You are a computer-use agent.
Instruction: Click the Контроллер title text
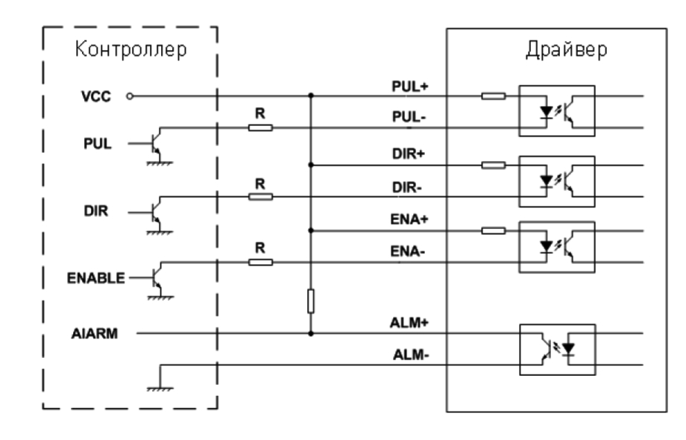pyautogui.click(x=130, y=50)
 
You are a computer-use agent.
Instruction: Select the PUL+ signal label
pyautogui.click(x=409, y=87)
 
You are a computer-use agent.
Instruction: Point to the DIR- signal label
pyautogui.click(x=409, y=188)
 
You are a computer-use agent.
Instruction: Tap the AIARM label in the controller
pyautogui.click(x=93, y=333)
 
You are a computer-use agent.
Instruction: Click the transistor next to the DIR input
pyautogui.click(x=154, y=211)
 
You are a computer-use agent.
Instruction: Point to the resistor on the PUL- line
pyautogui.click(x=261, y=128)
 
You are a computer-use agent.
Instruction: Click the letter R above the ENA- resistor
pyautogui.click(x=261, y=249)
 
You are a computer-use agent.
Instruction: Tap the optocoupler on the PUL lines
pyautogui.click(x=556, y=111)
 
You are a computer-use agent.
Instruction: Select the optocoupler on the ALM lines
pyautogui.click(x=556, y=348)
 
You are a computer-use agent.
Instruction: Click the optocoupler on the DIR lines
pyautogui.click(x=556, y=180)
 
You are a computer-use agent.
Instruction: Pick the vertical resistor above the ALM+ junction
pyautogui.click(x=310, y=301)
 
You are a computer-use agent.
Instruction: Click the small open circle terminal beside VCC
pyautogui.click(x=130, y=96)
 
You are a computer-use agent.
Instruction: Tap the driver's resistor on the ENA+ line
pyautogui.click(x=493, y=230)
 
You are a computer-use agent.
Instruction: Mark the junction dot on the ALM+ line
pyautogui.click(x=310, y=333)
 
